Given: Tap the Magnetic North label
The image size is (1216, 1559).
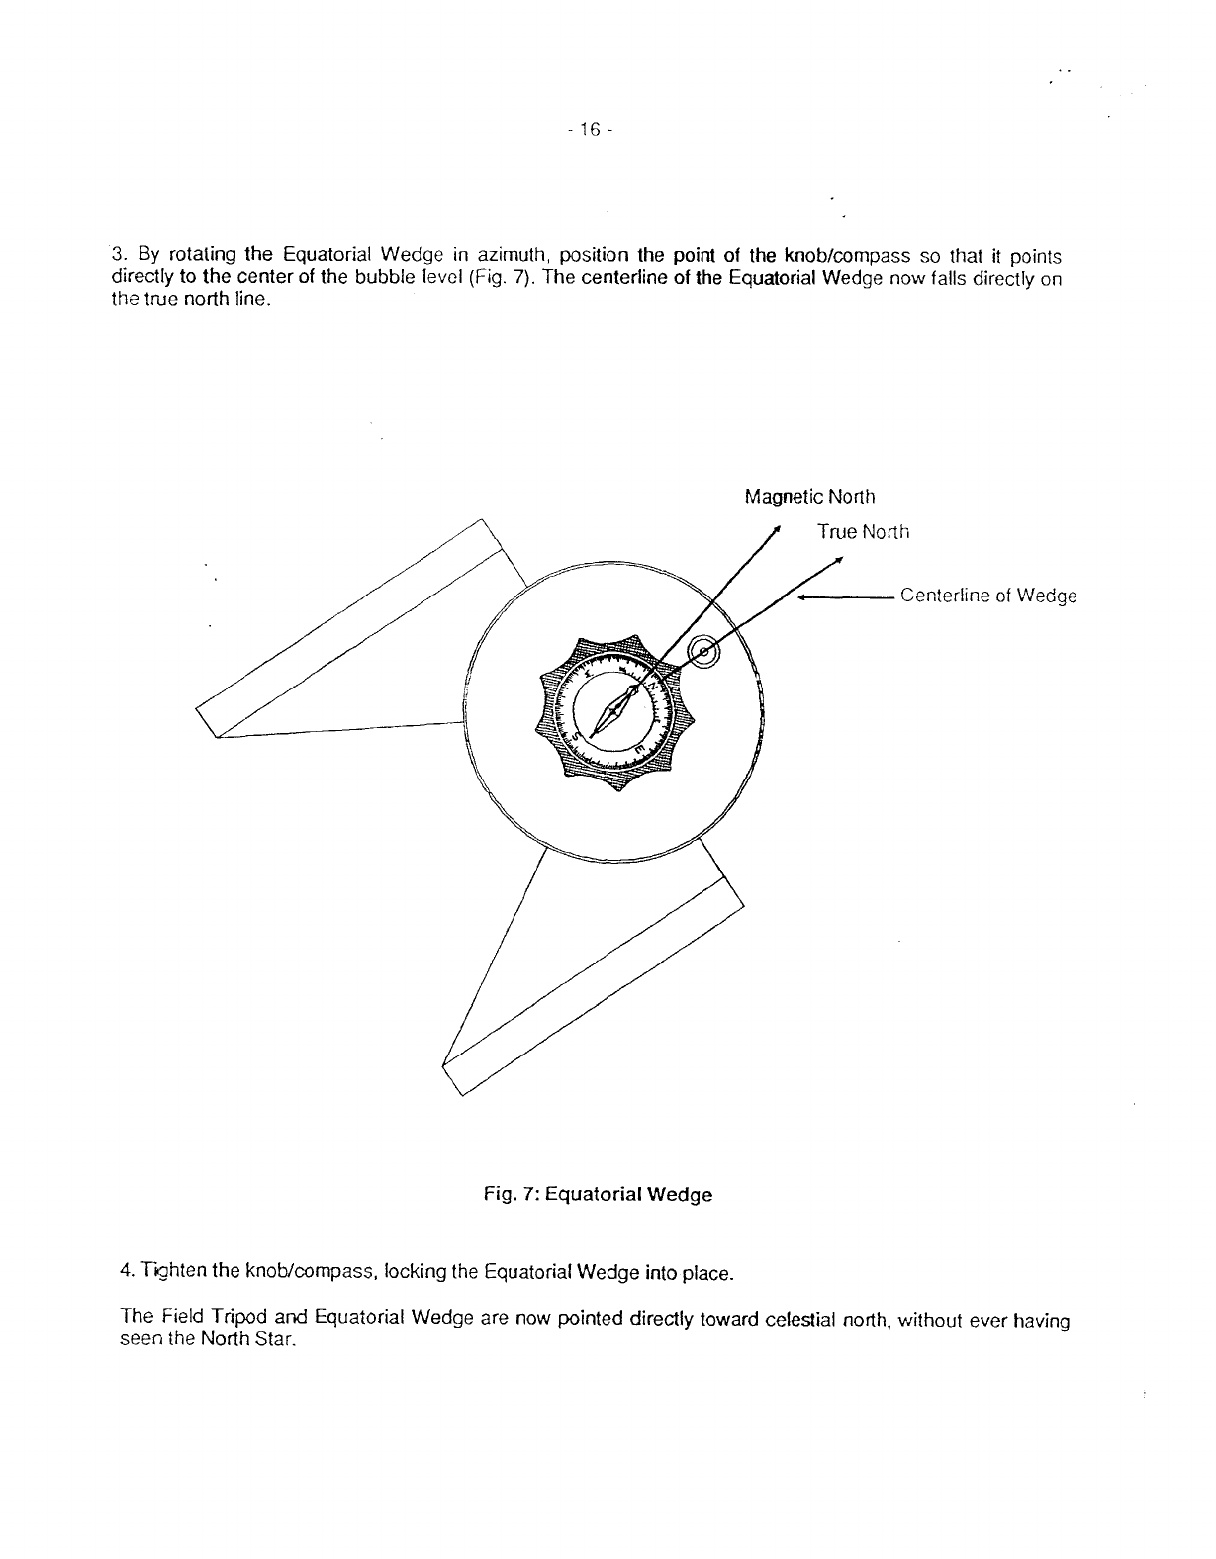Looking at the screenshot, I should pyautogui.click(x=808, y=497).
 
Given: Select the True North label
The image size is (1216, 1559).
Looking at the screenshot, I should pyautogui.click(x=862, y=532).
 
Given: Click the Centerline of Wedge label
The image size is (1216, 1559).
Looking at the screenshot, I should pyautogui.click(x=987, y=596).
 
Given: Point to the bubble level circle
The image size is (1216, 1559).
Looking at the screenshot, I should pyautogui.click(x=703, y=651).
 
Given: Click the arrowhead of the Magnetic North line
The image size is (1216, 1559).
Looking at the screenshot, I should pyautogui.click(x=778, y=528).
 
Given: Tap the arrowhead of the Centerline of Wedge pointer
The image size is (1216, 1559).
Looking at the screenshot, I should pyautogui.click(x=802, y=597).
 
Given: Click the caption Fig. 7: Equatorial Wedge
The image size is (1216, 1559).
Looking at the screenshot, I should pyautogui.click(x=598, y=1194).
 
